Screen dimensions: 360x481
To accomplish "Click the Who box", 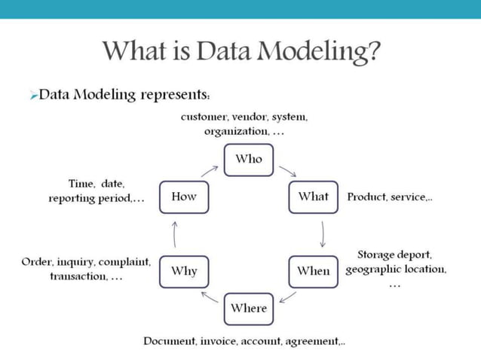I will point(249,159).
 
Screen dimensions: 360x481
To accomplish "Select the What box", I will point(313,197).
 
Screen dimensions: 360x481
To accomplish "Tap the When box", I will point(313,271).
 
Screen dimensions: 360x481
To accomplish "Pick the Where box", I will point(249,308).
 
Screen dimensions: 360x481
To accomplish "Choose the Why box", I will point(184,271).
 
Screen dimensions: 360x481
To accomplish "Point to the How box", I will point(184,197).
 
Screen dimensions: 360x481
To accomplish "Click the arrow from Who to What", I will point(287,172).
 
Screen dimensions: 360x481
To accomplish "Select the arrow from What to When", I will point(323,234).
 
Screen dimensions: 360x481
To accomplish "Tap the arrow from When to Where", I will point(287,296).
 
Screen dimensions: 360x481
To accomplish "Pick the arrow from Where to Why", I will point(210,296).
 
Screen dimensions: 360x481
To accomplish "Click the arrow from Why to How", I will point(174,234).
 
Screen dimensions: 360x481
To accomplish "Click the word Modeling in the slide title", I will point(316,52).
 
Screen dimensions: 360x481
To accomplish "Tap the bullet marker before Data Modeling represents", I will point(33,96).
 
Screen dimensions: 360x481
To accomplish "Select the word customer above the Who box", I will point(204,117).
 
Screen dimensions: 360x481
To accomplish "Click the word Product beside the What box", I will point(366,197).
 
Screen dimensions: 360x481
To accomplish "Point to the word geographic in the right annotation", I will point(371,269).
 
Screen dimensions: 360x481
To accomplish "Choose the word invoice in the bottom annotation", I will point(220,341).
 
